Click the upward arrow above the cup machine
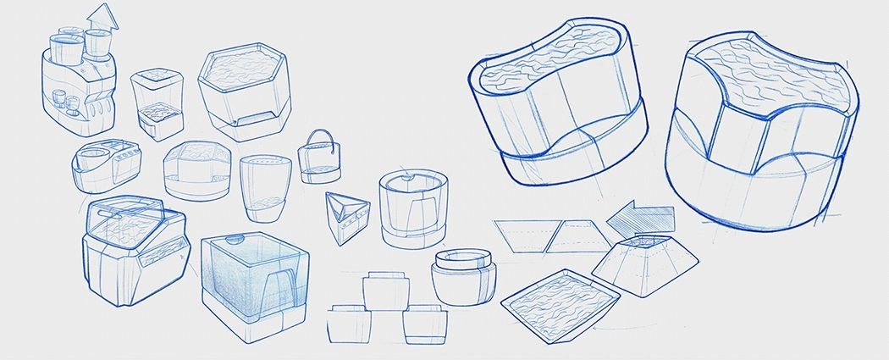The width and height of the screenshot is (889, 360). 103,17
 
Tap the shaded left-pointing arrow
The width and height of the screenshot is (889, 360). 641,222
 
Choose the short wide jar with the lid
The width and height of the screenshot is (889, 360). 462,272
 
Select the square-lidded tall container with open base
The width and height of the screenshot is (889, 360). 157,106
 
